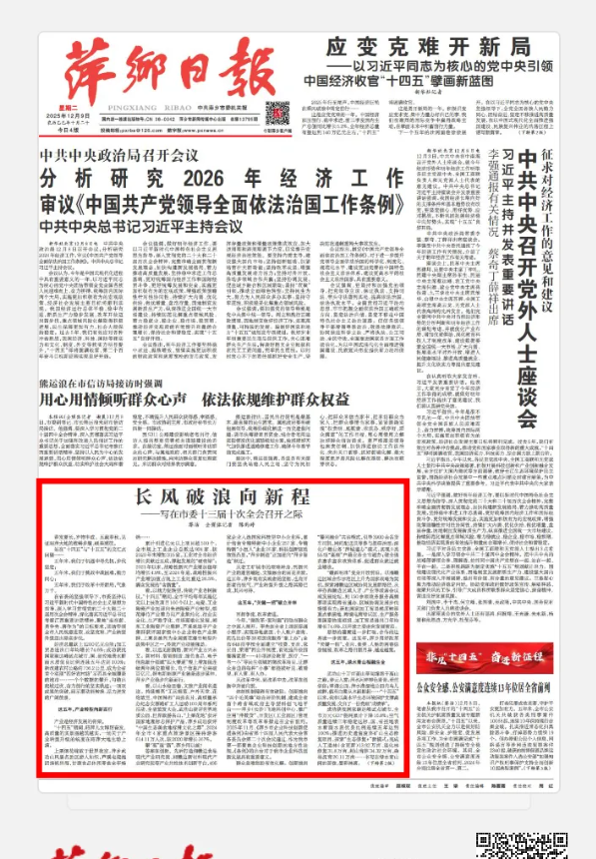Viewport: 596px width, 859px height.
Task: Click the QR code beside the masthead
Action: click(280, 111)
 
